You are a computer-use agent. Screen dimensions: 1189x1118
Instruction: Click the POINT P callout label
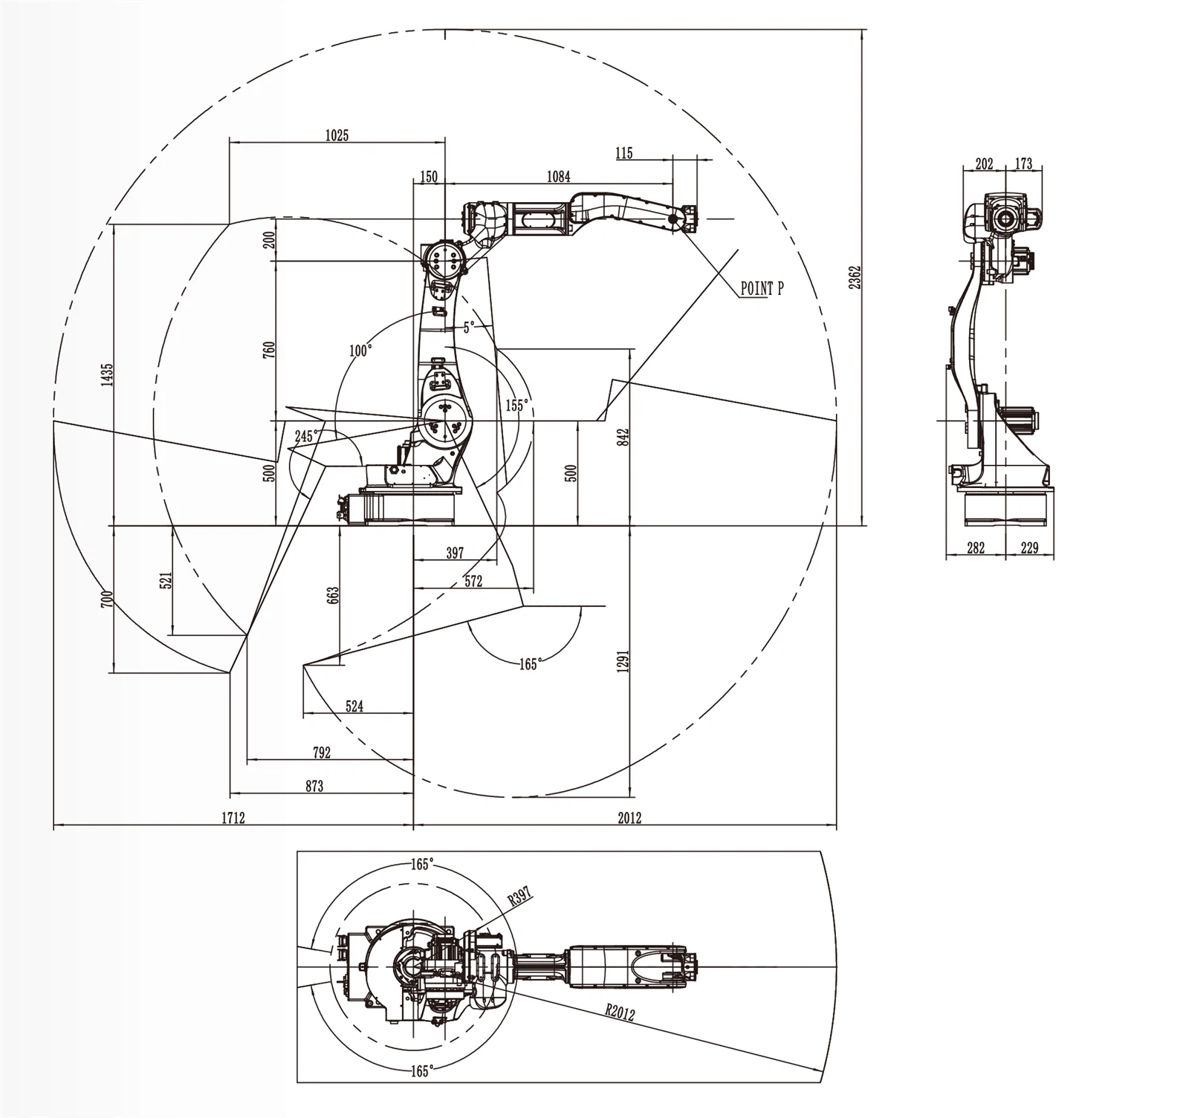762,288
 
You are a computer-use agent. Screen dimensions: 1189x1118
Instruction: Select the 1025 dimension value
337,134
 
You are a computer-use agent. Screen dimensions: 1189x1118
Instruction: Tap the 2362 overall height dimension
855,277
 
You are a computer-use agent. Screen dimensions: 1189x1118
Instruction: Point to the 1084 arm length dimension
558,176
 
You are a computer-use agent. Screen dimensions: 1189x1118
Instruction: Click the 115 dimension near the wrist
624,153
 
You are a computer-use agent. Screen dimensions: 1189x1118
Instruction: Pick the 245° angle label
306,436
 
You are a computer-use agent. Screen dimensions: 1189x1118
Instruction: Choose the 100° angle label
360,350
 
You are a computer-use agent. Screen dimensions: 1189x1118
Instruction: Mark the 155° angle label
516,405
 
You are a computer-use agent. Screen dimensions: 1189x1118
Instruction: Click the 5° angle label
468,327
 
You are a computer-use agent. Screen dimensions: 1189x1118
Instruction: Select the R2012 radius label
620,1012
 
